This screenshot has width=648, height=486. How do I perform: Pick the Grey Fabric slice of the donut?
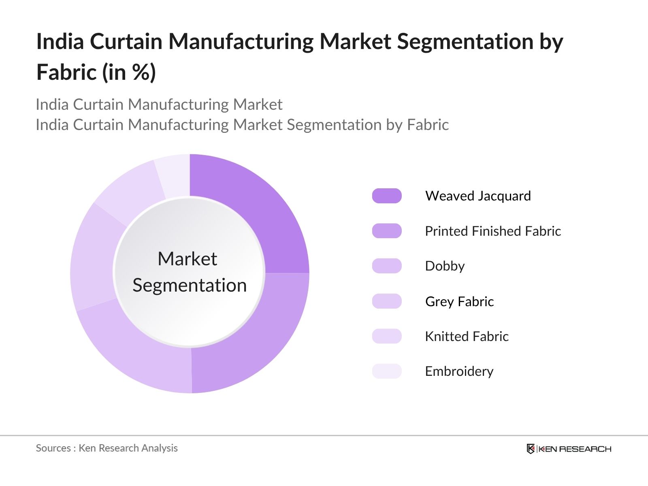tap(93, 259)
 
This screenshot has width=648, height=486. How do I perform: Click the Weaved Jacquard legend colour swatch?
tap(387, 196)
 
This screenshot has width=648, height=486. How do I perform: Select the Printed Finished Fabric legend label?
tap(492, 231)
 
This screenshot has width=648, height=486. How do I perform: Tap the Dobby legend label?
tap(445, 266)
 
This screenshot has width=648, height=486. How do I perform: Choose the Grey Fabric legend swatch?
tap(387, 301)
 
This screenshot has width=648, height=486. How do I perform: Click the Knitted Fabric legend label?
tap(467, 336)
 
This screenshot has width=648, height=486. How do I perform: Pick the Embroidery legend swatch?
tap(387, 371)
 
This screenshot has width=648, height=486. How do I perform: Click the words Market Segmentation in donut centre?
tap(189, 272)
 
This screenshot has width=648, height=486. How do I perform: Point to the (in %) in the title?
tap(129, 72)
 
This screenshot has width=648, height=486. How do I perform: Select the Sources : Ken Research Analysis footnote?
tap(107, 448)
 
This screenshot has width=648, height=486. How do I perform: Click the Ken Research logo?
tap(569, 449)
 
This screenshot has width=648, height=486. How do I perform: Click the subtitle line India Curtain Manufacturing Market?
tap(159, 104)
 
